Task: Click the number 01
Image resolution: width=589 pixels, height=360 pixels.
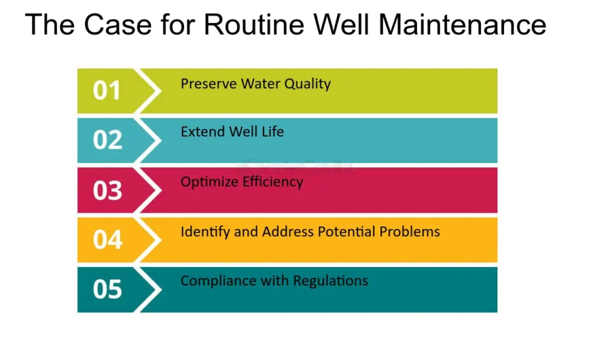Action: (x=107, y=91)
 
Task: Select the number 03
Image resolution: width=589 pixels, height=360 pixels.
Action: (x=107, y=190)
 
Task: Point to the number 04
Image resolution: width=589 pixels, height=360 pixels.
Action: (x=107, y=240)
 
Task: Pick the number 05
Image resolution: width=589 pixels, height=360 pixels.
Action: (x=107, y=289)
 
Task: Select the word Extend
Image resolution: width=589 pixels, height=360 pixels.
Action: (x=202, y=132)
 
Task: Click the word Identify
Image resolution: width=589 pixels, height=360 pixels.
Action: (x=204, y=232)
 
